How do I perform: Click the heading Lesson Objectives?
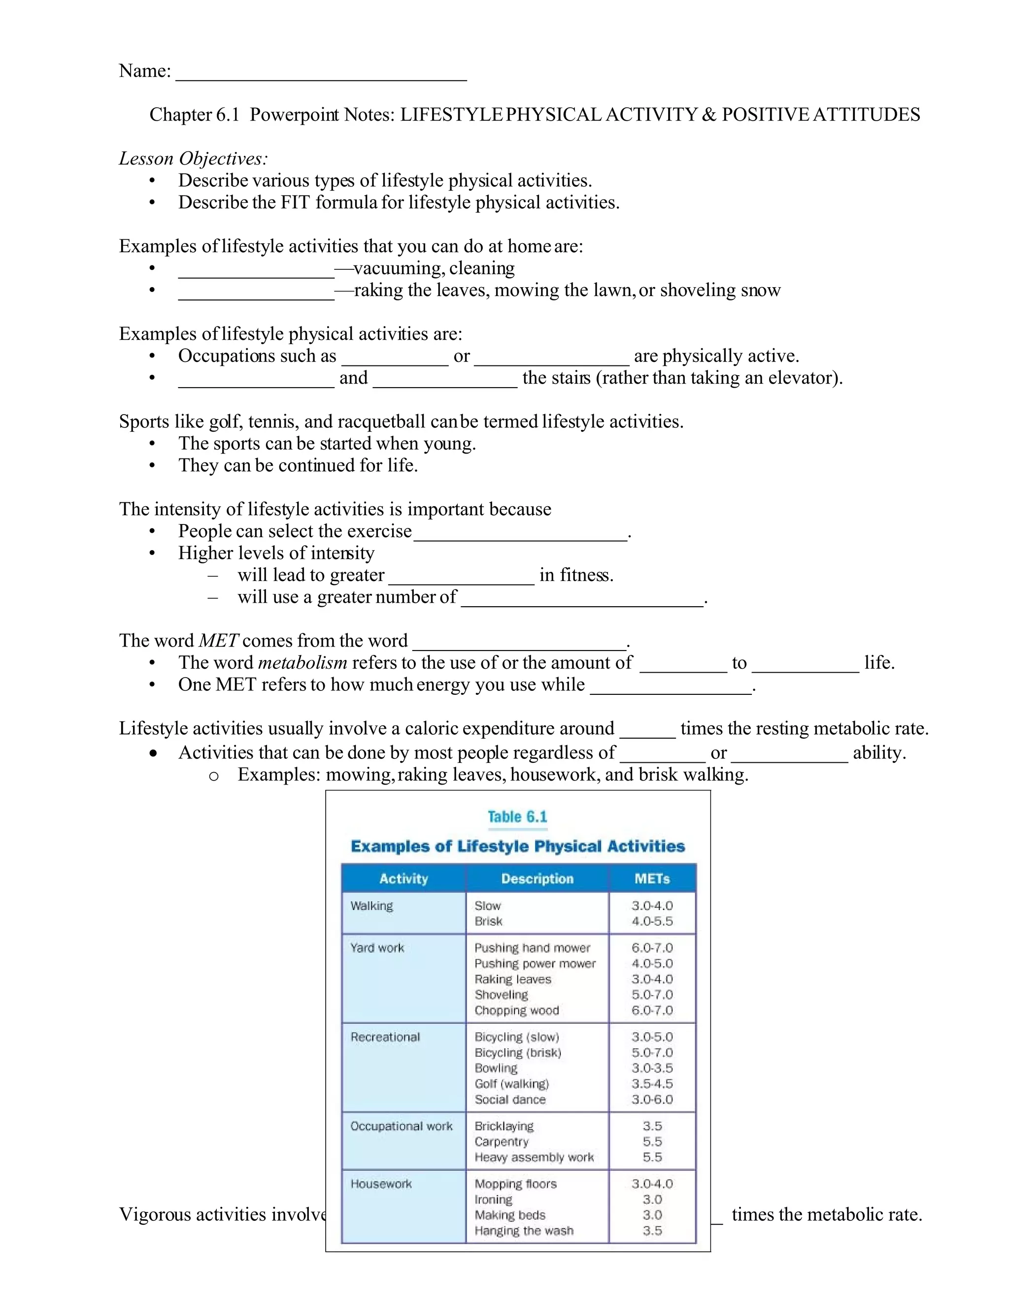(193, 159)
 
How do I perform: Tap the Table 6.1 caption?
(517, 817)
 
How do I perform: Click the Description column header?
(537, 879)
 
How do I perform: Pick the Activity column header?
(404, 879)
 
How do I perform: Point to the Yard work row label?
(377, 947)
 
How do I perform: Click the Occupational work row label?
(401, 1126)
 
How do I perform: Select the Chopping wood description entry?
(516, 1011)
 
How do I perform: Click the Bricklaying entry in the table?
(504, 1126)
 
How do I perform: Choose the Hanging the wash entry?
(524, 1230)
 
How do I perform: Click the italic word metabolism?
(303, 663)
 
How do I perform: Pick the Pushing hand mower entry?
(532, 947)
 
